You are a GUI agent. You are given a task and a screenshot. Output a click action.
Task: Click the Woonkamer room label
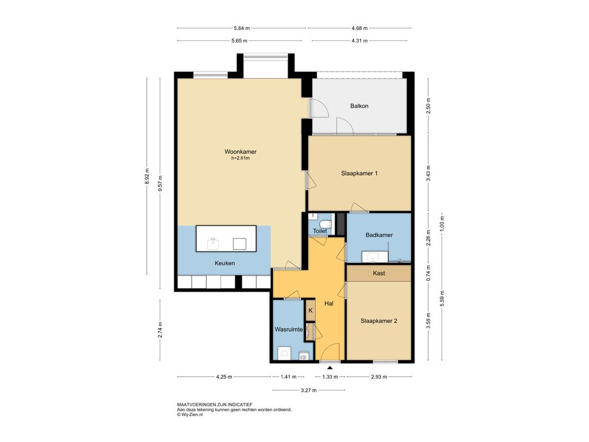pos(240,152)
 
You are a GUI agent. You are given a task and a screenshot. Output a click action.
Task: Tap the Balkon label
pos(359,106)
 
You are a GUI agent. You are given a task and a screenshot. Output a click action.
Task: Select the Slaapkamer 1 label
pos(359,173)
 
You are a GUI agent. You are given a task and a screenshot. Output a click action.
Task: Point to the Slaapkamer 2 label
pos(378,321)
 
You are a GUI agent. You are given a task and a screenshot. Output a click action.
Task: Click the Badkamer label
pos(379,235)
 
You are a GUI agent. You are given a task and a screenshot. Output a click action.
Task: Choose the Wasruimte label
pos(289,330)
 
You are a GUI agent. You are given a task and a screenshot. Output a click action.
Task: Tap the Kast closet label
pos(378,273)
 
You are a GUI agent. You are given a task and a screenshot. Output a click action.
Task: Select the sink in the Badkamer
pos(373,257)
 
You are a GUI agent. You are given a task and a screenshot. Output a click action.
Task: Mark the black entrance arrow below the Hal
pos(330,368)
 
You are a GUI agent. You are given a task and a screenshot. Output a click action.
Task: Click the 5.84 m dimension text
pos(242,28)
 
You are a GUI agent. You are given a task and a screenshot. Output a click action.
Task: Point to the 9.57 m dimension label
pos(160,184)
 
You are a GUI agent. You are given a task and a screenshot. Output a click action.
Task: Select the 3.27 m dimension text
pos(309,390)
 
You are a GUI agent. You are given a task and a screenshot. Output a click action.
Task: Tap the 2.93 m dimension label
pos(379,376)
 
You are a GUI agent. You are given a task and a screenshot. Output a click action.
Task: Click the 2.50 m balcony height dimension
pos(429,106)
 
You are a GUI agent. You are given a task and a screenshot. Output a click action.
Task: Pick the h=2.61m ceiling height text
pos(240,158)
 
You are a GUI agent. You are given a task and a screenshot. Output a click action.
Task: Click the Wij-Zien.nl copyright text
pos(190,414)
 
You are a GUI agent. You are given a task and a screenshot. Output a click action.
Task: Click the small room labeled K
pos(311,310)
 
